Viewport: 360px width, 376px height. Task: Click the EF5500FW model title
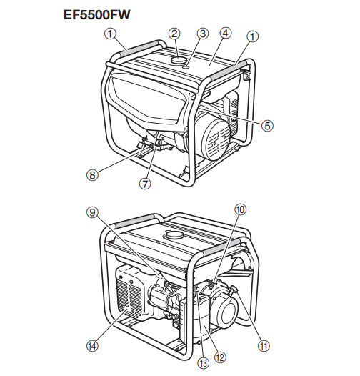[97, 14]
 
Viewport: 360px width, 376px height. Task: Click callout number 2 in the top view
[174, 34]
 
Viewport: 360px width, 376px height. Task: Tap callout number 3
[203, 34]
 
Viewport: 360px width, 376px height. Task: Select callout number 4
[225, 34]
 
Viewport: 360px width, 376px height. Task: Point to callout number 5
[267, 125]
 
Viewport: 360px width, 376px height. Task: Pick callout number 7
[145, 184]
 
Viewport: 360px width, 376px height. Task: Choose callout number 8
[92, 175]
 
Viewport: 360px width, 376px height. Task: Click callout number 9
[93, 212]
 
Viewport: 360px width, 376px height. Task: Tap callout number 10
[240, 209]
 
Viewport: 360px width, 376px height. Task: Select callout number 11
[264, 346]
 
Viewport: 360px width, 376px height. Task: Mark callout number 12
[220, 358]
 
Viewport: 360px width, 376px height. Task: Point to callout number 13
[203, 363]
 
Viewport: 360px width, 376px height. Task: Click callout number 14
[93, 346]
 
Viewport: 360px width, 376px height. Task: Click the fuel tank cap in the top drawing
[178, 60]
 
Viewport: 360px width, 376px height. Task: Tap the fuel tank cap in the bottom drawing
[173, 234]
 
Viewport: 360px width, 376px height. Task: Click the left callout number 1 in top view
[110, 34]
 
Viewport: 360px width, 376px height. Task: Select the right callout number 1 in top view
[252, 36]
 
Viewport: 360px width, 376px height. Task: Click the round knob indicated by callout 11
[233, 290]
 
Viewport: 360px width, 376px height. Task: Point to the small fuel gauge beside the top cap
[186, 68]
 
